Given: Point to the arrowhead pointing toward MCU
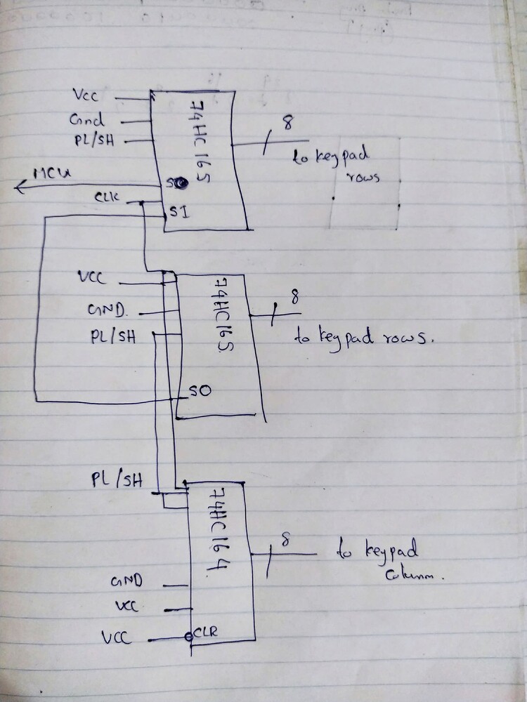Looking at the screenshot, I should (20, 186).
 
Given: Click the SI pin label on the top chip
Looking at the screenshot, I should (177, 213).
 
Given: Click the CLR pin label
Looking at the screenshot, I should (206, 632).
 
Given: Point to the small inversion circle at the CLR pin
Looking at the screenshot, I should (188, 637).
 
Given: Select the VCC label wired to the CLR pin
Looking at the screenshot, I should (116, 638).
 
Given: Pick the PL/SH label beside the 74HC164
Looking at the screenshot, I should (117, 480).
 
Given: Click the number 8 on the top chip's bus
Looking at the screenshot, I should (286, 124).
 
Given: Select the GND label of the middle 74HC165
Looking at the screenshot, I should (107, 309).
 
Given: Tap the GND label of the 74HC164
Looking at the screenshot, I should (127, 582).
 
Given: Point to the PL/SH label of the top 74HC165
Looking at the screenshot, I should (94, 140).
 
